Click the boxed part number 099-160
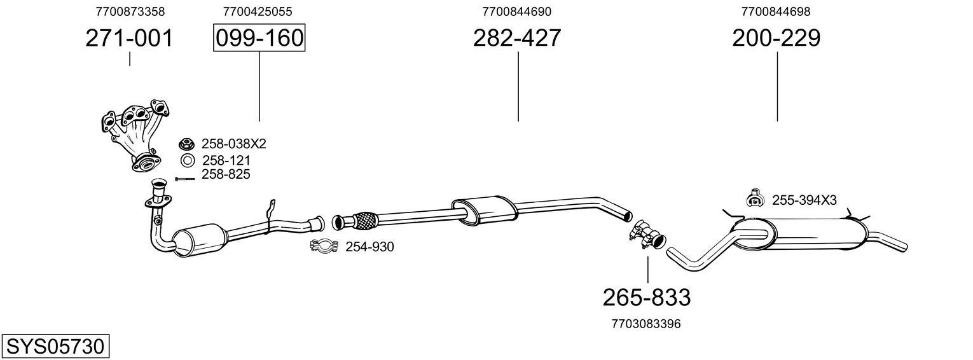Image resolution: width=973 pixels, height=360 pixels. point(259,38)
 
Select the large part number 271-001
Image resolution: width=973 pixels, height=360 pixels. point(129,39)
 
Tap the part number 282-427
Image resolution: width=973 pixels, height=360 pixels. point(517,38)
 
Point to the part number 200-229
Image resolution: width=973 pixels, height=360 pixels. point(776,38)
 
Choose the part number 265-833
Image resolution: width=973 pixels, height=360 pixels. point(646,297)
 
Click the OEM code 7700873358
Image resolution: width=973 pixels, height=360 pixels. point(130,11)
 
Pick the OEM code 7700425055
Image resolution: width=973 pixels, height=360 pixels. point(258,11)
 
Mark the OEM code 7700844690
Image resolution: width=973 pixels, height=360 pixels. point(517,11)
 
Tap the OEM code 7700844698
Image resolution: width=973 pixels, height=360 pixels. point(776,11)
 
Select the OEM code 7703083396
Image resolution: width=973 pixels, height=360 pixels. point(646,324)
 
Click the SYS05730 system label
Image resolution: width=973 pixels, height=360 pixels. point(55,347)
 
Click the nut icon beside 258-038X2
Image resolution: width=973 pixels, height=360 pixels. point(187,144)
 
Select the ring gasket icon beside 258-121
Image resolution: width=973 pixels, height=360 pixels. point(188,161)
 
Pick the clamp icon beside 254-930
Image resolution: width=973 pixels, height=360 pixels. point(325,246)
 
